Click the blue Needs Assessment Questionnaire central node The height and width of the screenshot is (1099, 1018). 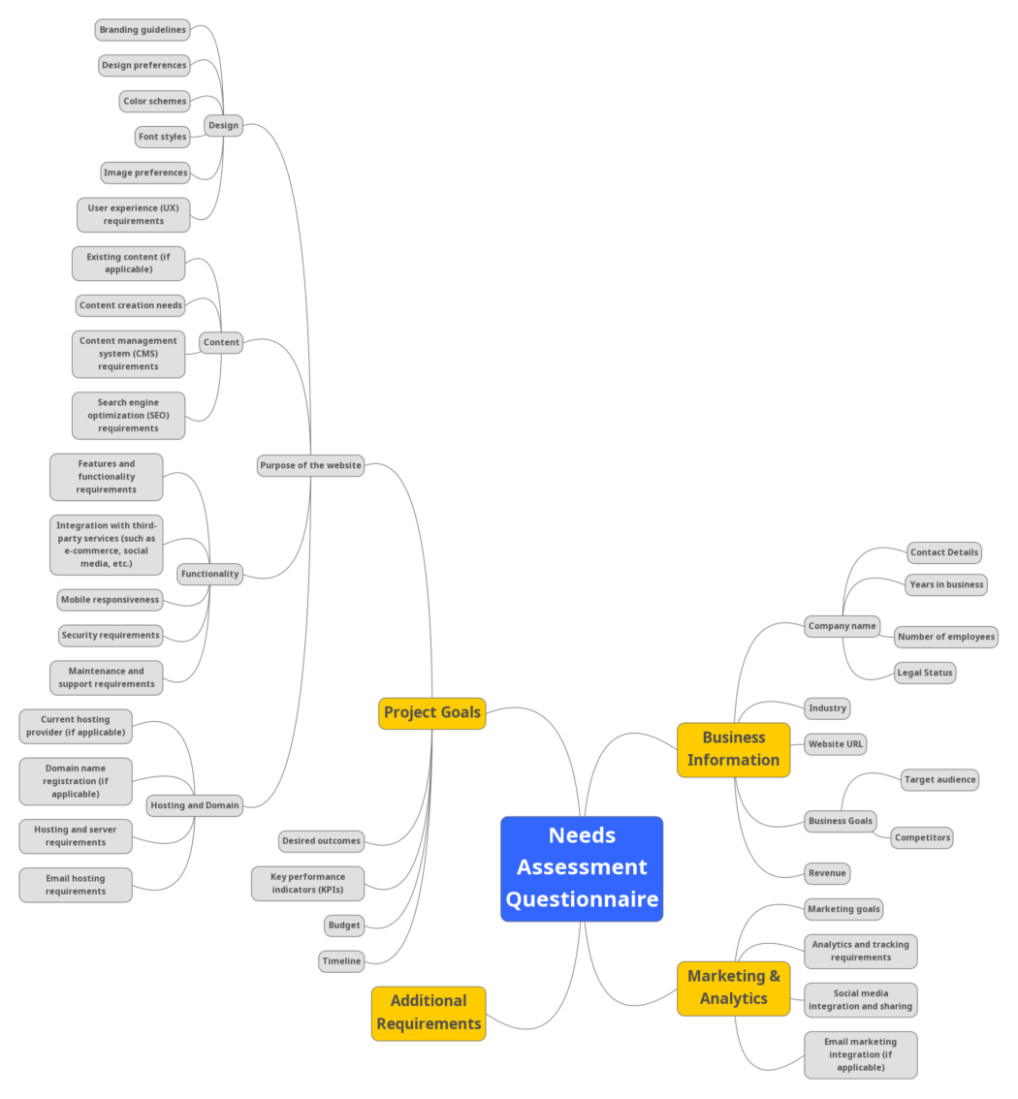tap(582, 867)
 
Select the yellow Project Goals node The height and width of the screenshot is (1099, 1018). tap(431, 712)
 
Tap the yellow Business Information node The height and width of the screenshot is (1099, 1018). tap(733, 749)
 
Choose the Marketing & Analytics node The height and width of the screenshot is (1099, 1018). tap(733, 988)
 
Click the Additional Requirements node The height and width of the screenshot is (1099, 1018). tap(429, 1013)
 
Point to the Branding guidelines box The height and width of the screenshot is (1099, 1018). tap(143, 30)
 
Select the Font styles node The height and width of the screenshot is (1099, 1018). tap(162, 137)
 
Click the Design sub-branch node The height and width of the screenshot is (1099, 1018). tap(223, 125)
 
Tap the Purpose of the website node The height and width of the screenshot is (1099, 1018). tap(310, 465)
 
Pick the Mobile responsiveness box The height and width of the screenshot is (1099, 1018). tap(110, 600)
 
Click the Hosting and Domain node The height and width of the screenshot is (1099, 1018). tap(195, 805)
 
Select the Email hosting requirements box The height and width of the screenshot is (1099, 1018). tap(76, 885)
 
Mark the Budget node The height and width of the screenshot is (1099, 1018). tap(344, 926)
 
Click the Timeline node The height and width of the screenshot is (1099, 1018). tap(341, 961)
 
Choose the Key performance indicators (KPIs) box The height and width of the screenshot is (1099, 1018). tap(308, 883)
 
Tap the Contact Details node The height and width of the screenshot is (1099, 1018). tap(944, 552)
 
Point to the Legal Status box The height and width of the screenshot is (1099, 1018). tap(925, 673)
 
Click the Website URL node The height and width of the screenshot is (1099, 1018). tap(835, 744)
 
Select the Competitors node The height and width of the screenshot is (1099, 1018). tap(922, 837)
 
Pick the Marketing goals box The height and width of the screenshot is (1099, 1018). tap(843, 909)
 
